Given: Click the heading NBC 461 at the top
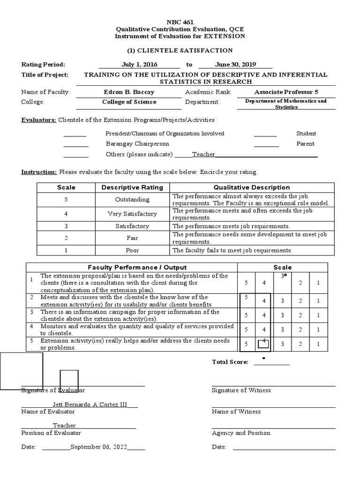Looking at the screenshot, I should click(x=180, y=22).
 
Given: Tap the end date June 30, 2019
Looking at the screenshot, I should click(x=237, y=64).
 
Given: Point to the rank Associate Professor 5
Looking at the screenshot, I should click(x=286, y=92).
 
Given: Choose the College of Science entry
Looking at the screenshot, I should click(x=129, y=102).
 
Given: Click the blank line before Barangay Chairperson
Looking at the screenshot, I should click(x=75, y=144).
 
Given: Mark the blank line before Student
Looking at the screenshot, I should click(x=265, y=134).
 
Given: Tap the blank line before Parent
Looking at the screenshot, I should click(x=266, y=144).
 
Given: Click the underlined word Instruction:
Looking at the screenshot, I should click(x=39, y=172).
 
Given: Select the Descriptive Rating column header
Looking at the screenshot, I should click(x=132, y=187).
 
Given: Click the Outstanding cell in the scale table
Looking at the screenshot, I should click(x=132, y=199).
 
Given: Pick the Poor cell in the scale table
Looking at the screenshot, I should click(x=132, y=250).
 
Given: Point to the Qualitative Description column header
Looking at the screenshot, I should click(x=252, y=187).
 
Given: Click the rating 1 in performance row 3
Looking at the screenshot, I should click(x=318, y=315).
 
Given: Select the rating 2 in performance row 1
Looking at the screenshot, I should click(x=300, y=283).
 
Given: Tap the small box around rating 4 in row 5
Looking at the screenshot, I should click(x=263, y=344).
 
